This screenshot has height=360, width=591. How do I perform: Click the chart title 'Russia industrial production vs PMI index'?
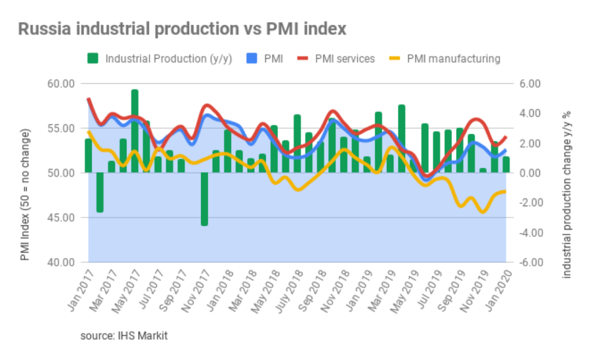tap(182, 30)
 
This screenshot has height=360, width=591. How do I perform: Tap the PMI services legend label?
tap(345, 59)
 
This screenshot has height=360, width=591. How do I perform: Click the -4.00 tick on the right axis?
tap(527, 233)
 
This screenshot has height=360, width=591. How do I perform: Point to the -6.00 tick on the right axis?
tap(527, 262)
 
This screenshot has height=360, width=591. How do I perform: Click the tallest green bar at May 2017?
tap(135, 131)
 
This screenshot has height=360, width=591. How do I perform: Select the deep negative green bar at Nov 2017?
tap(204, 199)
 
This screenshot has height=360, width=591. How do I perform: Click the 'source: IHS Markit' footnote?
tap(124, 336)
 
